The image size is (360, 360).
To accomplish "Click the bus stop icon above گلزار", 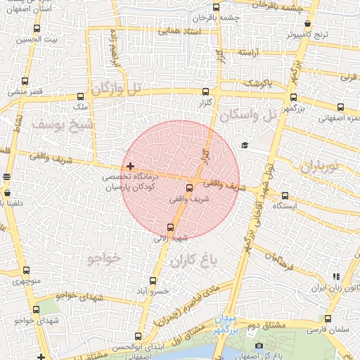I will (x=205, y=91).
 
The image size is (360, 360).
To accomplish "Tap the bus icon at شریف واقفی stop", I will (x=189, y=188).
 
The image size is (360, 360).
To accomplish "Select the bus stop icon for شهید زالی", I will (x=170, y=226).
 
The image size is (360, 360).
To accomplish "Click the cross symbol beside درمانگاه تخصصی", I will (x=131, y=166).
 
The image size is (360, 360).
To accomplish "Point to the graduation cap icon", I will (x=244, y=145).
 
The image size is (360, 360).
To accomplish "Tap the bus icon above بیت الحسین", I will (x=37, y=30).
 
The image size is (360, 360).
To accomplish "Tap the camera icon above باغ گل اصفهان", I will (x=259, y=346).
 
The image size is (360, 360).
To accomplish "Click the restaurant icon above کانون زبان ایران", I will (x=336, y=277).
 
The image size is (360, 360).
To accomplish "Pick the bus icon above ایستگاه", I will (x=285, y=196).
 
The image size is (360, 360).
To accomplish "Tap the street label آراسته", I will (x=250, y=53).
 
